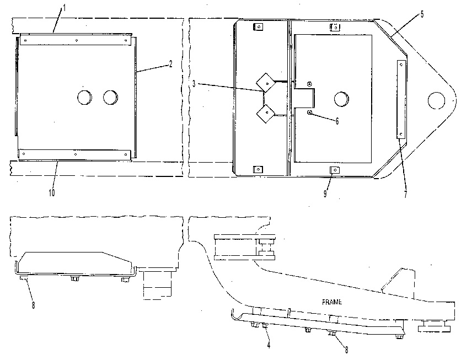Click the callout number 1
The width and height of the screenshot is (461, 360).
tap(65, 8)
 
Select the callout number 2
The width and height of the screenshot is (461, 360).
tap(170, 64)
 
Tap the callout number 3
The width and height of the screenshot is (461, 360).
tap(194, 84)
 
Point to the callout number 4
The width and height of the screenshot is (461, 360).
tap(269, 345)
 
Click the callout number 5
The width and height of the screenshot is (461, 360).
tap(422, 14)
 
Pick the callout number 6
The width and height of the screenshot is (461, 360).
tap(337, 121)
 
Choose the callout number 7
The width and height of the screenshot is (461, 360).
tap(406, 194)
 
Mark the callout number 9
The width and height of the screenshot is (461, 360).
tap(325, 194)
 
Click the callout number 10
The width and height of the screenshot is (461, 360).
tap(52, 193)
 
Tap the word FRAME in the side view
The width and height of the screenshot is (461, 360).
tap(332, 302)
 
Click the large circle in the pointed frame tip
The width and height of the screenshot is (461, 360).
tap(436, 100)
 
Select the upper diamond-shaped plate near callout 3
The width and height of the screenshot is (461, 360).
tap(266, 83)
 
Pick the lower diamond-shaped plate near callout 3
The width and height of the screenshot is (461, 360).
tap(265, 113)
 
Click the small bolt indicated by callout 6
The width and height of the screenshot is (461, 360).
tap(309, 112)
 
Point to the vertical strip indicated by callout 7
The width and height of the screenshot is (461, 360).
tap(401, 99)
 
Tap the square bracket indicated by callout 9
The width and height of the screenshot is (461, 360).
tap(335, 170)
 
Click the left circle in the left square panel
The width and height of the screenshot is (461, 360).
tap(85, 97)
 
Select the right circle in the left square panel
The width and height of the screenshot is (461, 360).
tap(110, 97)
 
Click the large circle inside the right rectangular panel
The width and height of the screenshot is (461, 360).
tap(342, 99)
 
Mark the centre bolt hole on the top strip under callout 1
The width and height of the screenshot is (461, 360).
tap(77, 40)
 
